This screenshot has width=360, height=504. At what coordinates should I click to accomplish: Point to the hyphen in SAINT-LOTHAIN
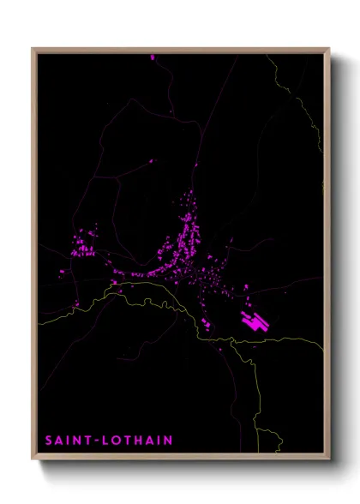[x=96, y=441]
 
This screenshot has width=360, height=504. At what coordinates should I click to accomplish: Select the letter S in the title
[x=49, y=441]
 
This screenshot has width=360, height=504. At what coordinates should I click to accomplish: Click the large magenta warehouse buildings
[x=255, y=322]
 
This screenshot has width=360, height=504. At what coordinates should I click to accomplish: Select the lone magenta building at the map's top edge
[x=153, y=57]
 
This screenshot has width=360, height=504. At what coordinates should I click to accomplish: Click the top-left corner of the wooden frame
[x=33, y=50]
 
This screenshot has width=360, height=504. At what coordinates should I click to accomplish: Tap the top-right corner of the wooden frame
[x=328, y=50]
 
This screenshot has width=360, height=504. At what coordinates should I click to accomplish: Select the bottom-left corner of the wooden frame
[x=33, y=459]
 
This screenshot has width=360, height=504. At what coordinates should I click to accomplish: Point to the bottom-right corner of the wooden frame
[x=328, y=459]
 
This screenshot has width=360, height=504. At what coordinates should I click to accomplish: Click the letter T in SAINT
[x=88, y=441]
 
